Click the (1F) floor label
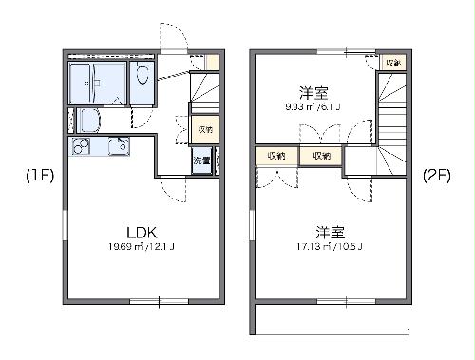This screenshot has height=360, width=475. coord(40,176)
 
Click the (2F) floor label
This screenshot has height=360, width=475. coord(437,176)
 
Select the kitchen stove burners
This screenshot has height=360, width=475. coord(79,146)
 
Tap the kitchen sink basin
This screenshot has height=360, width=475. coord(118,147)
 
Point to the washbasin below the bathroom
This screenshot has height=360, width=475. coord(89,121)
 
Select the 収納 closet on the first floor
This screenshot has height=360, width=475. coord(204,128)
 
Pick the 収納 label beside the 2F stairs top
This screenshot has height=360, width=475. coord(391,63)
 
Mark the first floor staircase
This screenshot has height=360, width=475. coord(204,91)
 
